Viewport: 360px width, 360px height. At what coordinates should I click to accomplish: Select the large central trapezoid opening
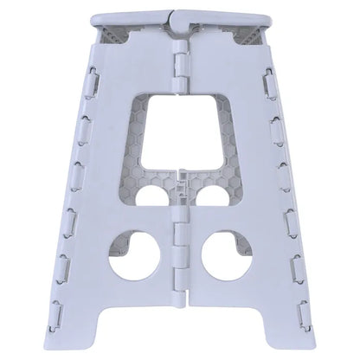179,130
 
